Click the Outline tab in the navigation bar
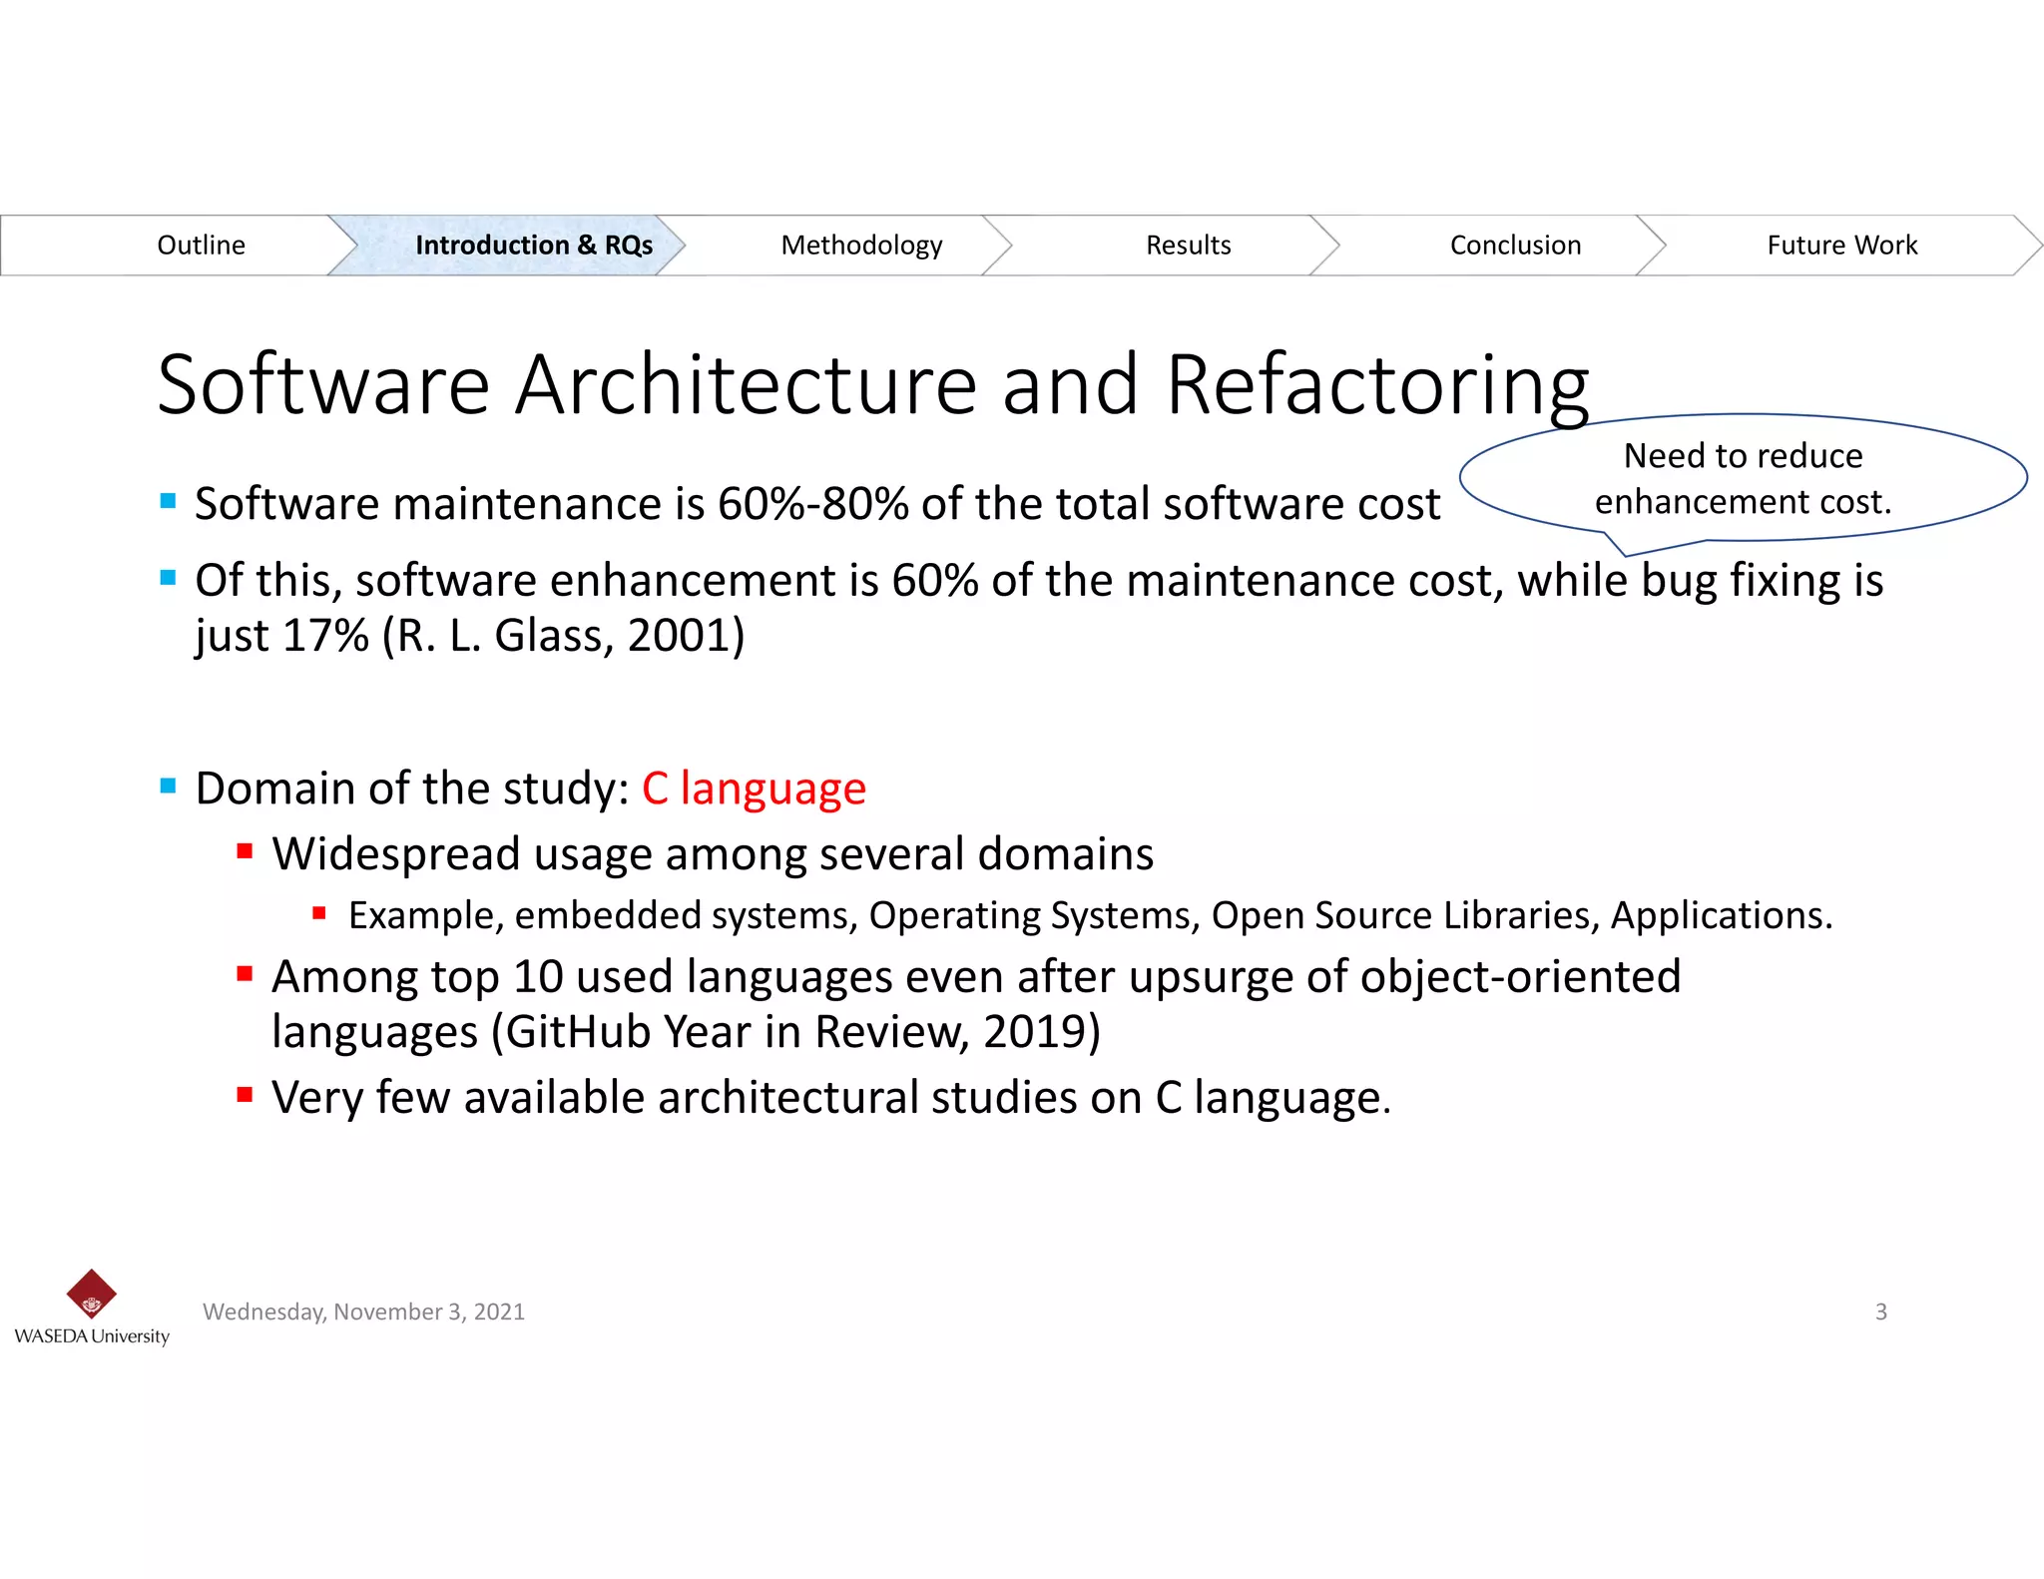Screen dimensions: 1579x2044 click(201, 246)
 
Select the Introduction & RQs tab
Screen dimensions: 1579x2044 click(533, 246)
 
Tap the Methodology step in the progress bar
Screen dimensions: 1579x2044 click(861, 246)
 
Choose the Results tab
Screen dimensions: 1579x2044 click(1188, 246)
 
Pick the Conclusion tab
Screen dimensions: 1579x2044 click(1515, 246)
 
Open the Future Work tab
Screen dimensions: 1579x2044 click(1841, 246)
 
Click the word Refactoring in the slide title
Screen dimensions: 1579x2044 click(1377, 386)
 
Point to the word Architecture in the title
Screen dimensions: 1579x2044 click(746, 386)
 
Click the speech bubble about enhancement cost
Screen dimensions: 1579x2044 click(1743, 479)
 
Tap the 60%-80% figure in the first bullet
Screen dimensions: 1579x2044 click(812, 504)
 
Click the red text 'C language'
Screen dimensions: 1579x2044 click(754, 789)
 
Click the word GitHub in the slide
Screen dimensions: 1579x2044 click(578, 1032)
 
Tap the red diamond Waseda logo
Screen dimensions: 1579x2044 click(91, 1295)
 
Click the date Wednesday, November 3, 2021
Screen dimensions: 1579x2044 click(363, 1312)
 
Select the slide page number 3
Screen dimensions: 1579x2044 click(1880, 1312)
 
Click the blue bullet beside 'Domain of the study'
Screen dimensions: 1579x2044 click(168, 787)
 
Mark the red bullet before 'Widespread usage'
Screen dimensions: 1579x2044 click(245, 851)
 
